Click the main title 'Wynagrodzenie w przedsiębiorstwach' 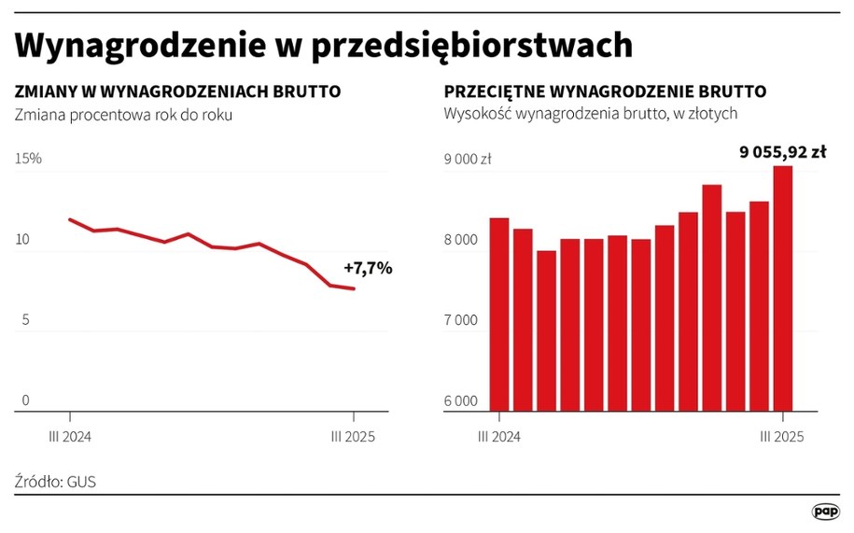[x=324, y=45]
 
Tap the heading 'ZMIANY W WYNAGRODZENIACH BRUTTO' [x=177, y=92]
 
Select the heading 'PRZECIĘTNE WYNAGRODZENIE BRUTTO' [x=605, y=92]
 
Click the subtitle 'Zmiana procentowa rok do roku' [x=122, y=115]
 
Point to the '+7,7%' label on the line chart [x=368, y=269]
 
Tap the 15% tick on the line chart [x=29, y=160]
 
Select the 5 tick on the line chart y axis [x=26, y=320]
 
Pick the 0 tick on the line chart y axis [x=26, y=400]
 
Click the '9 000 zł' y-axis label [x=467, y=160]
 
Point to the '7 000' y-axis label [x=460, y=320]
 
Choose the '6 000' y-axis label [x=460, y=401]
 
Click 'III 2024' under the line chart [x=71, y=436]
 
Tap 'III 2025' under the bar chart [x=782, y=436]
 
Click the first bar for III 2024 [x=498, y=314]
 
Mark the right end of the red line [x=354, y=288]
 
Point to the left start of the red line [x=70, y=219]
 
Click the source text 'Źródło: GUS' [x=55, y=482]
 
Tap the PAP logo [x=825, y=512]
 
